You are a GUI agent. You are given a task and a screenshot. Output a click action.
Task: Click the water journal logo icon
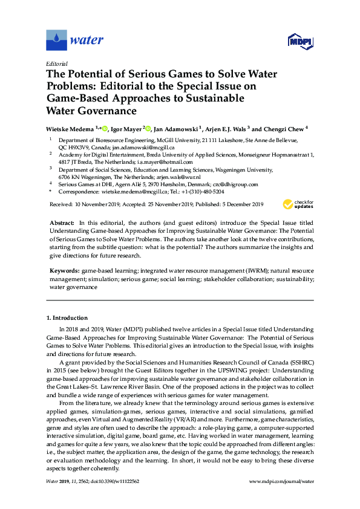coord(56,41)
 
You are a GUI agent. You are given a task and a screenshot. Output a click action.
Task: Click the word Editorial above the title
coord(56,63)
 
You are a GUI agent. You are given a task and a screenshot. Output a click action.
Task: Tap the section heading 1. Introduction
coord(67,317)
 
